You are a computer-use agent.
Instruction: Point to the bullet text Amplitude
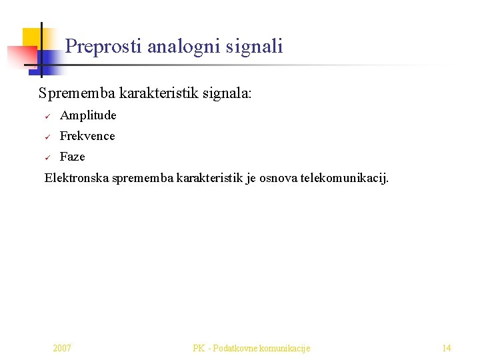tap(88, 115)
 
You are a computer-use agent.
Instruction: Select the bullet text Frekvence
tap(87, 136)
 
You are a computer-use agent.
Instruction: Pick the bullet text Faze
tap(73, 157)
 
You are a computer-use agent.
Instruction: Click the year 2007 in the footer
tap(62, 348)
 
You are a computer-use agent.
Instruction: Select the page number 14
tap(447, 348)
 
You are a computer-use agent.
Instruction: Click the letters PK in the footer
tap(199, 348)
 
